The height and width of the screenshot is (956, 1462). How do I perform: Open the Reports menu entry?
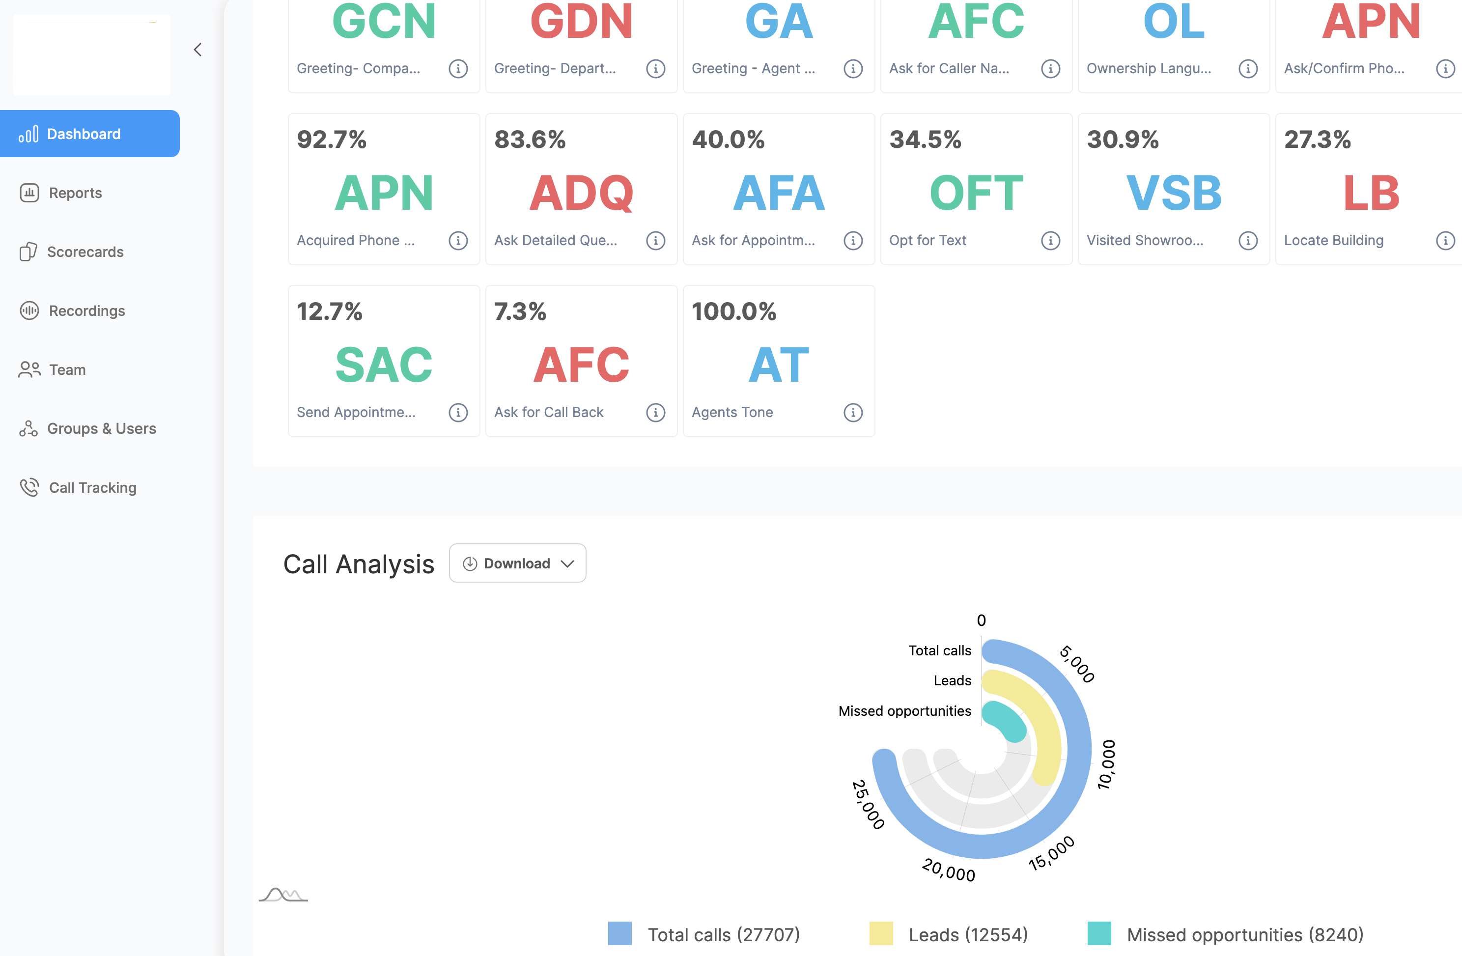(x=75, y=193)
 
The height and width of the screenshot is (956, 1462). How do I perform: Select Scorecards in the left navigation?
(x=85, y=252)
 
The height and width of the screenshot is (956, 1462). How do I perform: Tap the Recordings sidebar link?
(x=86, y=311)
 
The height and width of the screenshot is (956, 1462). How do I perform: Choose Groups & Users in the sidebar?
(x=101, y=428)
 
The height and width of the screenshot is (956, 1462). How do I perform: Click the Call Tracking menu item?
(x=92, y=487)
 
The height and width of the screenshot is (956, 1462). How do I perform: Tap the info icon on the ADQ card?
(x=655, y=240)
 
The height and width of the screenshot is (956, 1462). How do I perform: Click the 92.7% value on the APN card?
(x=332, y=140)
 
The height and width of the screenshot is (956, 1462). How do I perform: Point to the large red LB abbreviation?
(x=1371, y=193)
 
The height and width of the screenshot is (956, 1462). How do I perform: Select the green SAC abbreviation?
(x=384, y=365)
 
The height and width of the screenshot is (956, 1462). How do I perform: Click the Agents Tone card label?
(x=732, y=412)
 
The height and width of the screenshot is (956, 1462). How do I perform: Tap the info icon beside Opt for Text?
(x=1050, y=240)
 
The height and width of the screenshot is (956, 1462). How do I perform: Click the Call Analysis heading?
(x=359, y=564)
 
